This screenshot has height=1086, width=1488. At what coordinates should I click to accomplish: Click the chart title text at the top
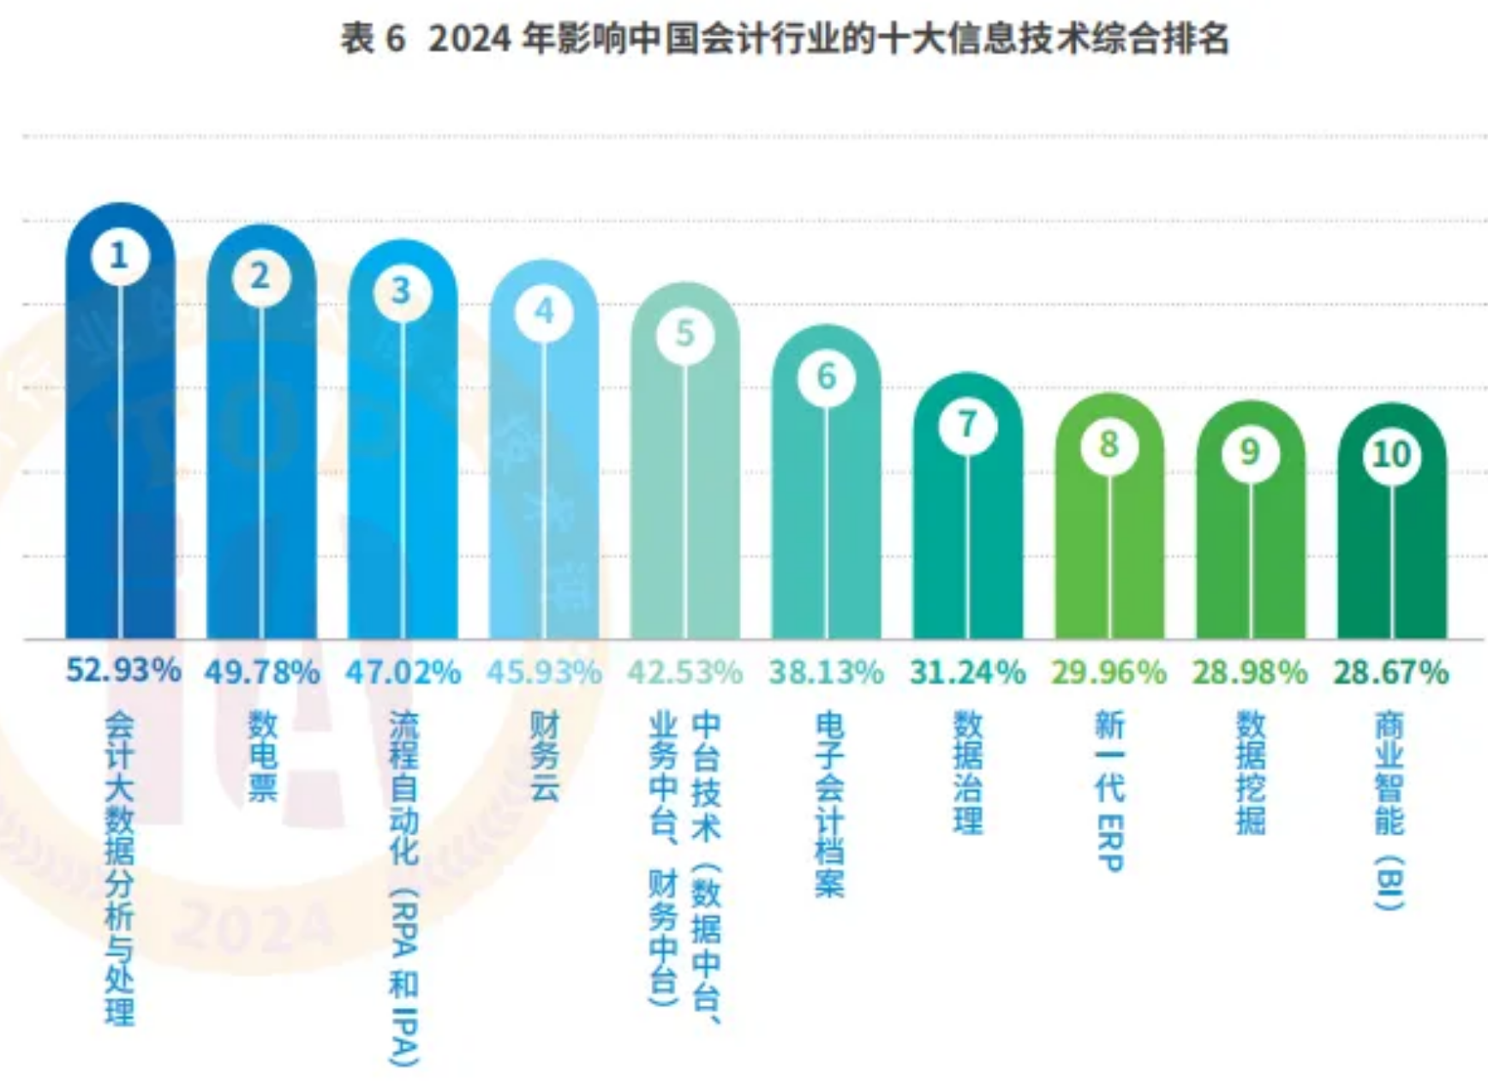[x=785, y=39]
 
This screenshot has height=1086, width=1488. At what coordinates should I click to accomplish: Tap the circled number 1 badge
[x=119, y=255]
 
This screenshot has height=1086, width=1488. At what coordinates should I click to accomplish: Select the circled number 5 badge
[x=685, y=333]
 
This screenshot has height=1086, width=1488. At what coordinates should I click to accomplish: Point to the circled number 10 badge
[x=1391, y=454]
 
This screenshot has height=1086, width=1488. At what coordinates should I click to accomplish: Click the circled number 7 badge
[x=967, y=424]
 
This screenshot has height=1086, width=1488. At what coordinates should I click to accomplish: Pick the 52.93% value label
[x=123, y=670]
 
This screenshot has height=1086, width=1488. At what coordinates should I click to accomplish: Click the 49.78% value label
[x=262, y=672]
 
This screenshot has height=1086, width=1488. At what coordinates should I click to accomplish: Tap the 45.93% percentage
[x=544, y=672]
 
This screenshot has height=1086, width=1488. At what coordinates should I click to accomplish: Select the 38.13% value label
[x=827, y=672]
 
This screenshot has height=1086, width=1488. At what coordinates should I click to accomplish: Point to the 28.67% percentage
[x=1391, y=672]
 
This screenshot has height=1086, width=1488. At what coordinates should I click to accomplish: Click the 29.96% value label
[x=1109, y=672]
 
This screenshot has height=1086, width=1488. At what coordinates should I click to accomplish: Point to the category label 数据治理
[x=968, y=772]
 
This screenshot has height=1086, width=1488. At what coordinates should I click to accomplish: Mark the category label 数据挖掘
[x=1251, y=772]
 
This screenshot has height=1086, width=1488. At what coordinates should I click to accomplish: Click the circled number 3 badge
[x=402, y=291]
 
